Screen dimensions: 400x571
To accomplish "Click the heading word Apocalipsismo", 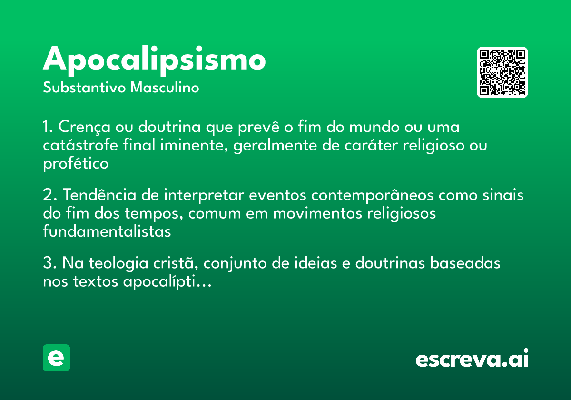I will pos(154,60).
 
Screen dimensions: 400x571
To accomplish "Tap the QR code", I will pos(502,72).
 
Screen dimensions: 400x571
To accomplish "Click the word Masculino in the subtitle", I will pos(165,88).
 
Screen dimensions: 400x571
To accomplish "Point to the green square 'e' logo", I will pos(56,358).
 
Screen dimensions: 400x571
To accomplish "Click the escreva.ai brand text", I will pos(472,359).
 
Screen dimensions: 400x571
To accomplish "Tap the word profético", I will pos(76,164).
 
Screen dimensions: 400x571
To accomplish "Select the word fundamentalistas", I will pos(107,232).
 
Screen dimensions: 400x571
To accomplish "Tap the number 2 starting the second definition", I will pos(47,196).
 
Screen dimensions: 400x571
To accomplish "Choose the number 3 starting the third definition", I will pos(47,263).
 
